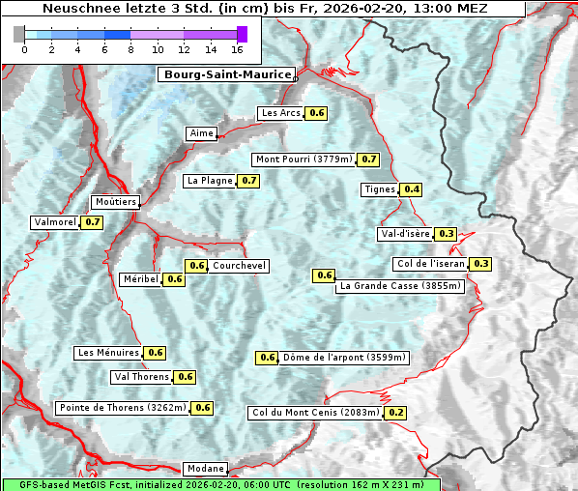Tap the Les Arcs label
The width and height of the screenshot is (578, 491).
coord(282,113)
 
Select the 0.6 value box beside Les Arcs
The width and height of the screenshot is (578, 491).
coord(317,113)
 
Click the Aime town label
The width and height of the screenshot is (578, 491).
coord(201,133)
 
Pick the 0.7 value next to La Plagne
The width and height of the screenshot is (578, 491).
coord(249,181)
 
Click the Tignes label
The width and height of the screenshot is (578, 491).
coord(379,189)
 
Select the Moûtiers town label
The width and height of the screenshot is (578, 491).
coord(115,202)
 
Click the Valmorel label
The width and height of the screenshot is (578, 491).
coord(55,222)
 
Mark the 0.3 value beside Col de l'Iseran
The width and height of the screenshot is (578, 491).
coord(480,264)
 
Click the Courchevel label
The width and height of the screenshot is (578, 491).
coord(239,266)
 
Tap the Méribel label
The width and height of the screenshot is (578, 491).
coord(140,279)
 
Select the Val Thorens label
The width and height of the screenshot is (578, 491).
coord(141,377)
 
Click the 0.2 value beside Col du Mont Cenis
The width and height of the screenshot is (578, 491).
coord(395,413)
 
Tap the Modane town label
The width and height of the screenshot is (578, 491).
coord(205,469)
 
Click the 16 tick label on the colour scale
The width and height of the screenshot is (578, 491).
coord(238,49)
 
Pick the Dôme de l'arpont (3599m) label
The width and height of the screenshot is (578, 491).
coord(344,358)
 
